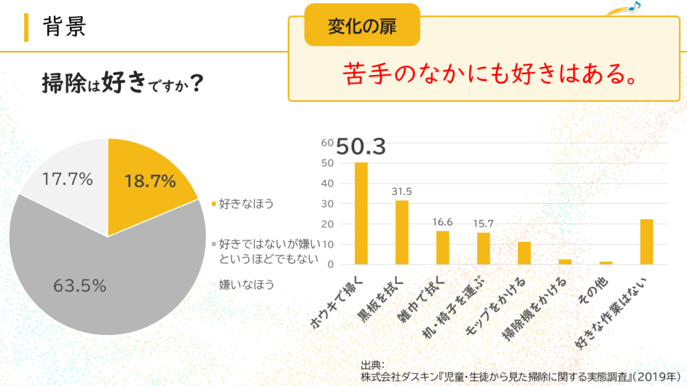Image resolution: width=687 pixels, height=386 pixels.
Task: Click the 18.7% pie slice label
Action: click(150, 181)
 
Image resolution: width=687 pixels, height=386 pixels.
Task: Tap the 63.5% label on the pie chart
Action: click(80, 285)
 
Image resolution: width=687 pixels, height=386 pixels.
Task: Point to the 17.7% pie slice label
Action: click(67, 179)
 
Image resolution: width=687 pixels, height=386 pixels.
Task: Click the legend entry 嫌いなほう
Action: click(246, 285)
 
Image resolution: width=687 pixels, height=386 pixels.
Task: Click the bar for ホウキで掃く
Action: click(361, 214)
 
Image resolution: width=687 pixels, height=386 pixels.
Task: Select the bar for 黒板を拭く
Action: click(402, 233)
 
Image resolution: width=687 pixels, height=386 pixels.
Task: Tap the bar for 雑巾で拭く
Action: click(443, 247)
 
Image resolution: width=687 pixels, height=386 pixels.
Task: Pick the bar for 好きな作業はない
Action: click(647, 242)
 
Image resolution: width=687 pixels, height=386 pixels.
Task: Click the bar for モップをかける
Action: click(524, 253)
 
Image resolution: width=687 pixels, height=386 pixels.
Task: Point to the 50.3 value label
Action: click(361, 147)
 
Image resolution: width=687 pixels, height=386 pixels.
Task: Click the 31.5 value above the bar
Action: click(402, 192)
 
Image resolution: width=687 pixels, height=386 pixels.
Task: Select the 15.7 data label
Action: click(483, 223)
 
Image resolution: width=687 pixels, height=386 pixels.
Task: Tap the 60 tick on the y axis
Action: click(327, 143)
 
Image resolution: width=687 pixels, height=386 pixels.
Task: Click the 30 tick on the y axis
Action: click(327, 204)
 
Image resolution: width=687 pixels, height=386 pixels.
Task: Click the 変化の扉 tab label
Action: click(362, 26)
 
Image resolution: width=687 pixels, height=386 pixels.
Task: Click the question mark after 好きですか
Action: click(197, 85)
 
